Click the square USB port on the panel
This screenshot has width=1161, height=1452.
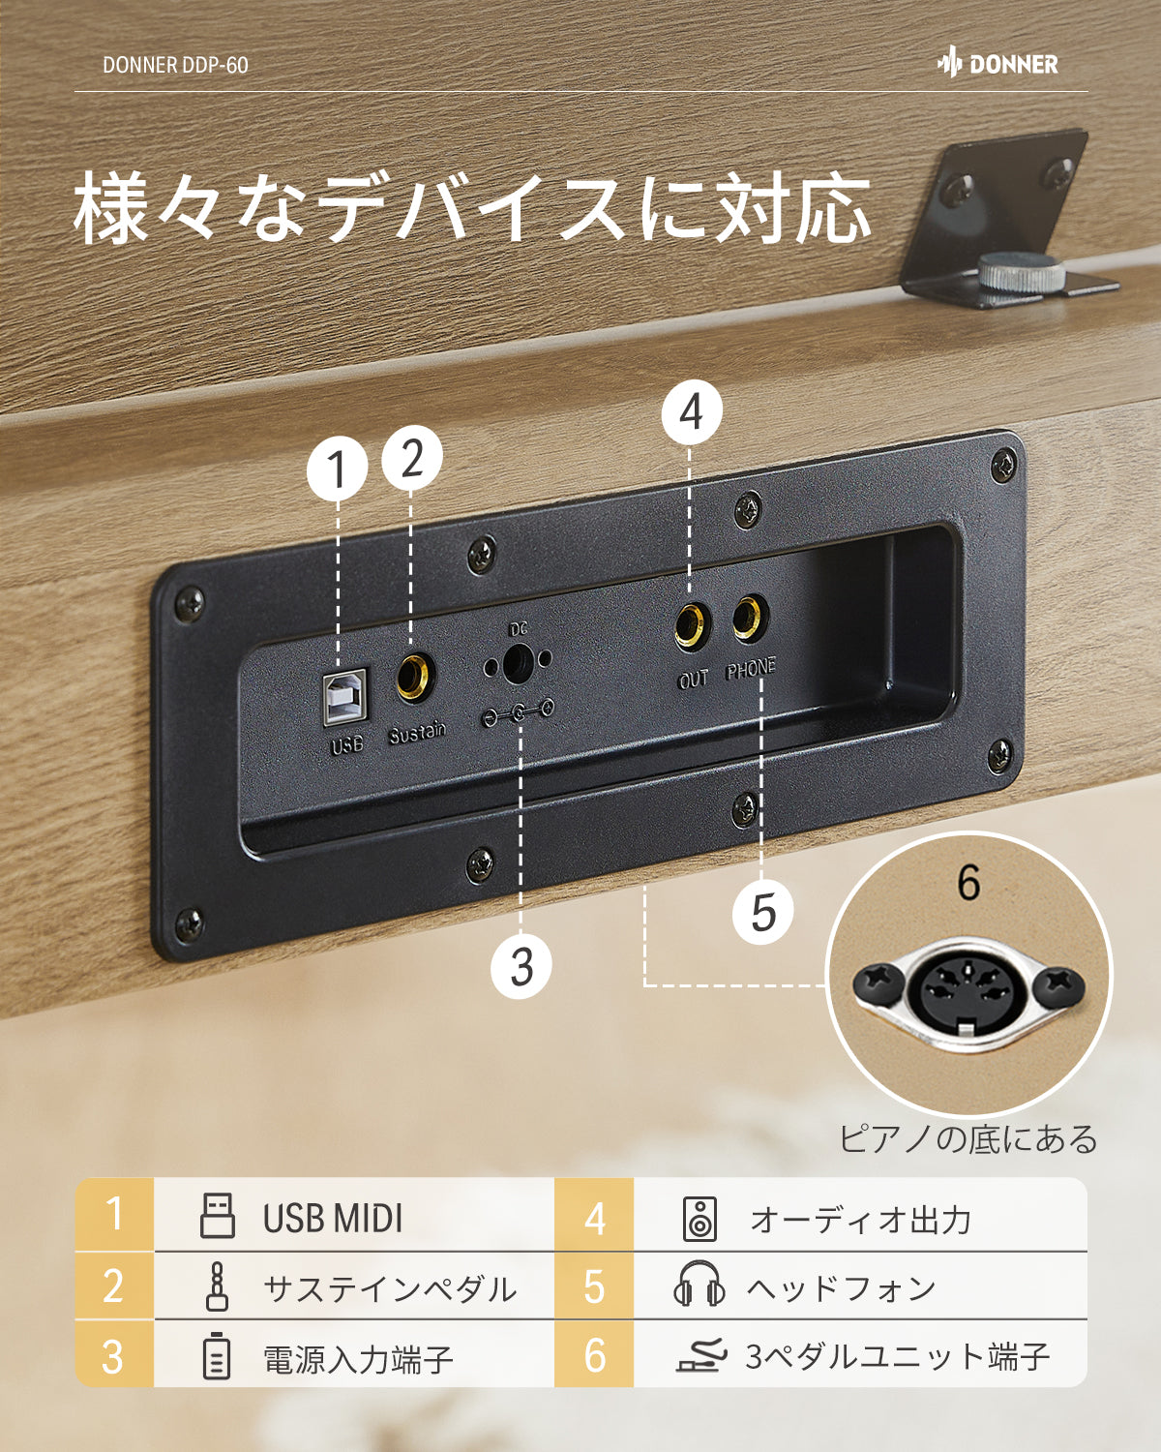[x=344, y=695]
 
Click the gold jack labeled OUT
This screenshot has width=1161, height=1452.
[x=692, y=625]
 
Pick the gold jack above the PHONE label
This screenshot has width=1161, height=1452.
[x=749, y=618]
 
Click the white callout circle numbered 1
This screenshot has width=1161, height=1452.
[x=337, y=470]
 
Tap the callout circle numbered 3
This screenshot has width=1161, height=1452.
[x=521, y=966]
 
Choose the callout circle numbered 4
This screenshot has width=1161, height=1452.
[x=691, y=413]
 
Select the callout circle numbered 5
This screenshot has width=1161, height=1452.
[x=763, y=912]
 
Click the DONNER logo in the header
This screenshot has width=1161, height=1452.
[x=997, y=64]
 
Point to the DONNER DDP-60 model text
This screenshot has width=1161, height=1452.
[x=175, y=65]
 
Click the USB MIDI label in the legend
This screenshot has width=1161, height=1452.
[x=332, y=1219]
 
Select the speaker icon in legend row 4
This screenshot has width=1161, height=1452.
[x=700, y=1219]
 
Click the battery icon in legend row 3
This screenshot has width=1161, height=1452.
[x=217, y=1356]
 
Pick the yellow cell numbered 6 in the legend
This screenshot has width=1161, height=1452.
[x=594, y=1355]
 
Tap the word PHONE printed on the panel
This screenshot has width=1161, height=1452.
[x=751, y=669]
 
